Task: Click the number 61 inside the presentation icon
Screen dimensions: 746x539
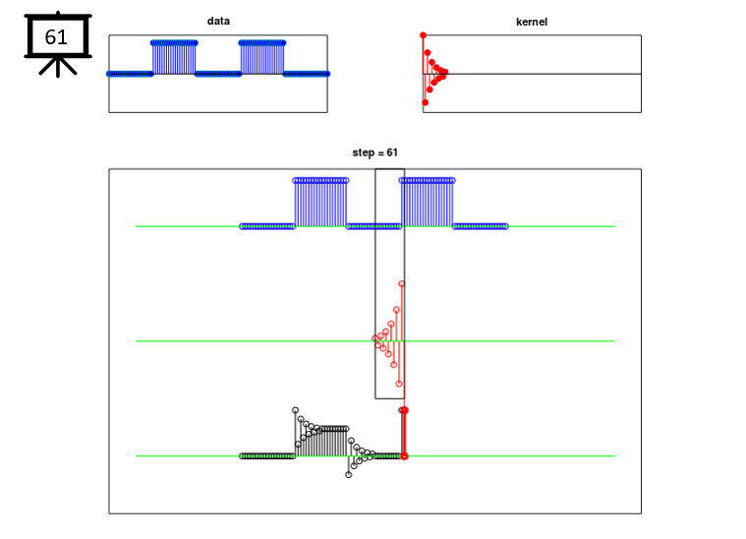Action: coord(56,37)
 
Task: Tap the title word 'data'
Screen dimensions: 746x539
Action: coord(218,21)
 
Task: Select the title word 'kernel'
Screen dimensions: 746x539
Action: coord(532,22)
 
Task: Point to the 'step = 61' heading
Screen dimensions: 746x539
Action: coord(374,152)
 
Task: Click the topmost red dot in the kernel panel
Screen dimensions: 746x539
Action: coord(423,35)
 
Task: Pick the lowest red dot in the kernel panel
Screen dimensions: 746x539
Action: coord(426,102)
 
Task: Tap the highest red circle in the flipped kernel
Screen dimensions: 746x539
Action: coord(402,284)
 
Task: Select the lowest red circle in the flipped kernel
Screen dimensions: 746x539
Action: coord(399,384)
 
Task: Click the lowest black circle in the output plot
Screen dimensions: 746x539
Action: coord(349,475)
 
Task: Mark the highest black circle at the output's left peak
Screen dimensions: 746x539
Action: coord(296,410)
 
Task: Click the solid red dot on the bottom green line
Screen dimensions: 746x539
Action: coord(404,456)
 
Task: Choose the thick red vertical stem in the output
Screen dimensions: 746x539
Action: coord(404,433)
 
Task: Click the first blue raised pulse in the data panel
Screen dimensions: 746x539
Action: coord(174,58)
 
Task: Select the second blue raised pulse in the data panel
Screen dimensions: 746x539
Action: coord(262,58)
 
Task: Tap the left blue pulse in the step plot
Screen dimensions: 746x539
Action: coord(320,203)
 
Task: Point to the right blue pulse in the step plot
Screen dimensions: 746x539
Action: coord(428,203)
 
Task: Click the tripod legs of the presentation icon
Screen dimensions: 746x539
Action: coord(58,67)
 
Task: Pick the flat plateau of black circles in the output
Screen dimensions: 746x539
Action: coord(333,429)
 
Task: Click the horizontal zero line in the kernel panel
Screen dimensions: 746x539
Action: coord(532,74)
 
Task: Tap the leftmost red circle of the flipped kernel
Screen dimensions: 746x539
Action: coord(374,338)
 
